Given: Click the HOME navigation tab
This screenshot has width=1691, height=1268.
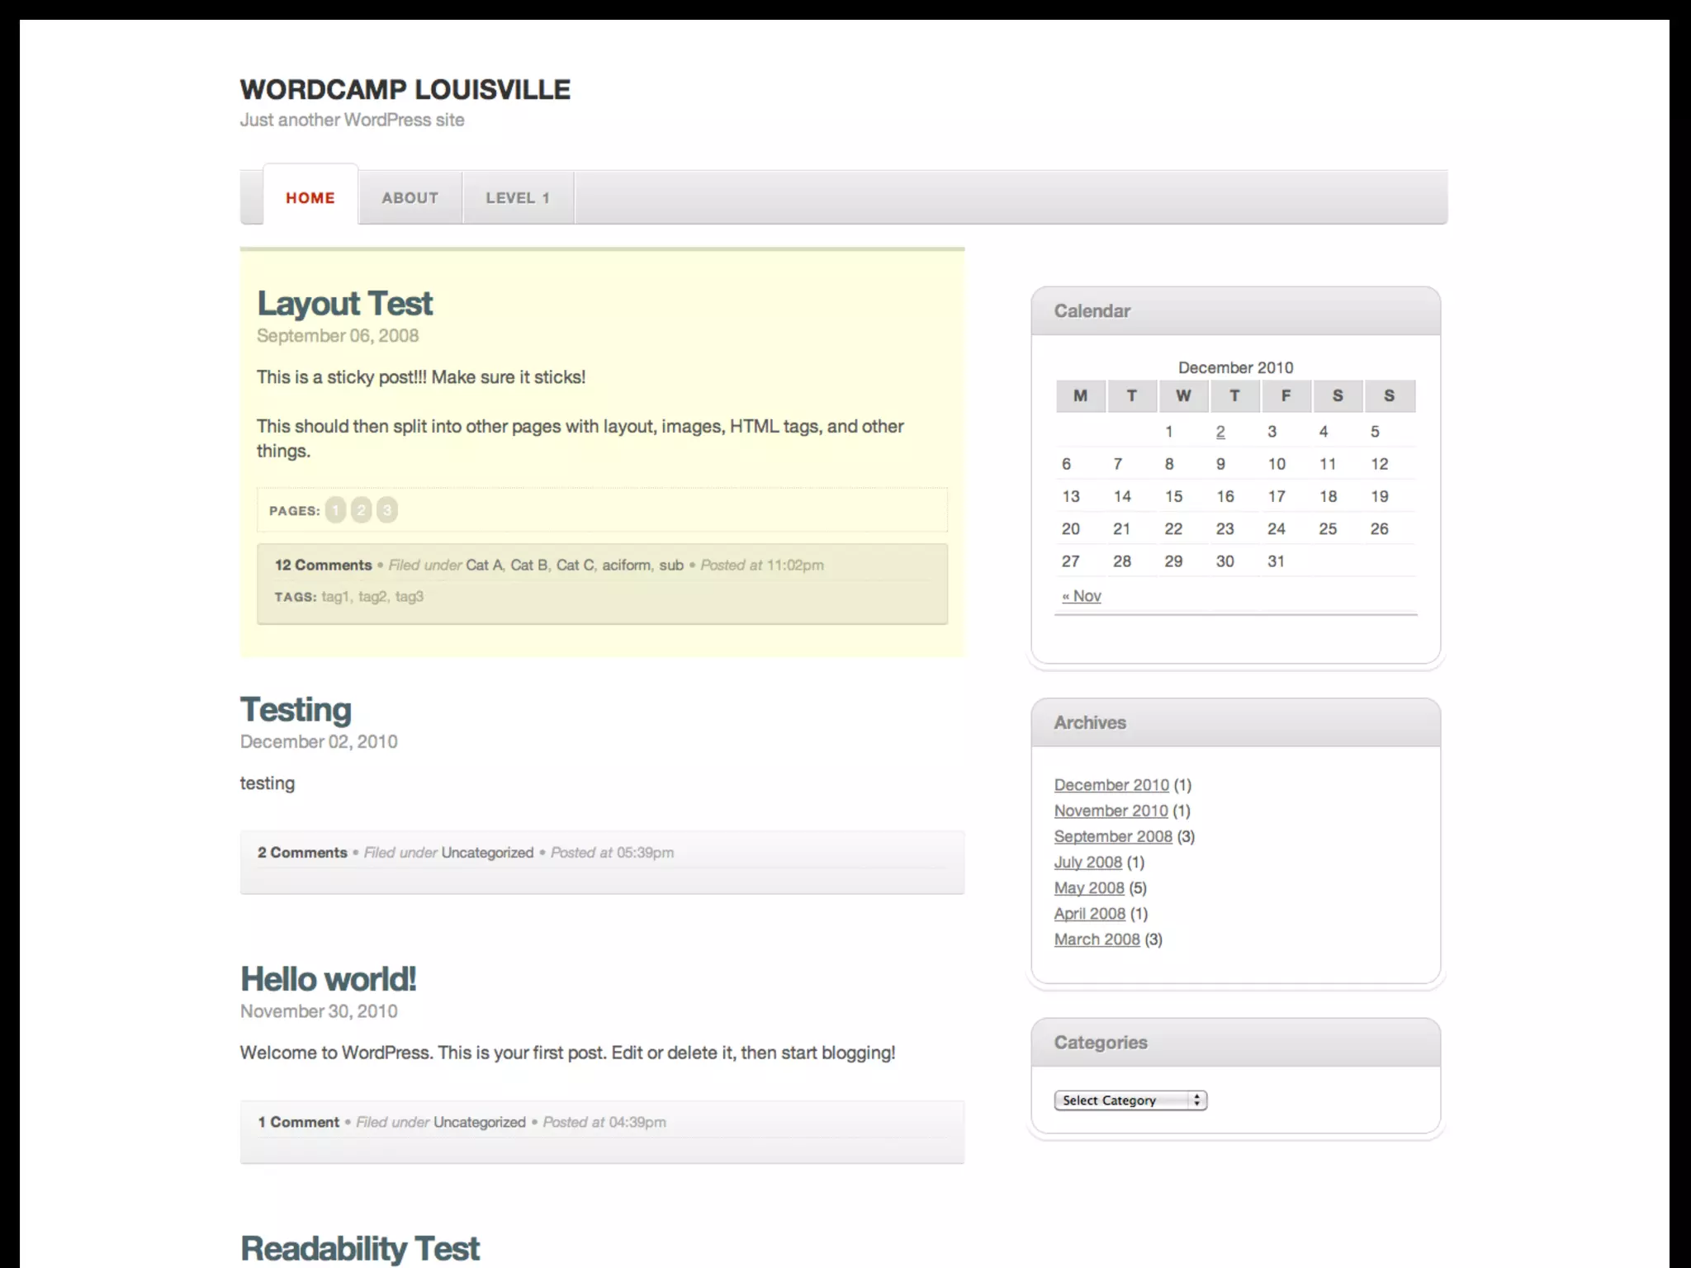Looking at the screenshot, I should click(310, 198).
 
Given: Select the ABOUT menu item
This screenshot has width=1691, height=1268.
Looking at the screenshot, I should click(410, 198).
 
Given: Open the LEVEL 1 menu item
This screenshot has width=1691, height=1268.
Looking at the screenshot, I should click(518, 198).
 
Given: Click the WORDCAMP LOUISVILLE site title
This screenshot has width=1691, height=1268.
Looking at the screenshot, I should click(405, 89).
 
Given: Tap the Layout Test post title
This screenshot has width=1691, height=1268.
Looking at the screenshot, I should click(344, 304).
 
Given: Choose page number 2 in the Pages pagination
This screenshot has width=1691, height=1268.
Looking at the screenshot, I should click(361, 510).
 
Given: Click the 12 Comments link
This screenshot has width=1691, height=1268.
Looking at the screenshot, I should click(323, 565).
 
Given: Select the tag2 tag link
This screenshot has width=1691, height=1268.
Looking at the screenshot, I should click(372, 597).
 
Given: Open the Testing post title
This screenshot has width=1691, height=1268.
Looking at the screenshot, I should click(296, 710).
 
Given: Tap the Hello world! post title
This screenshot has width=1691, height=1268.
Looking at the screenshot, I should click(328, 980).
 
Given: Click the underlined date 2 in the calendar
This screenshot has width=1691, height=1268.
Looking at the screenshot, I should click(1220, 432).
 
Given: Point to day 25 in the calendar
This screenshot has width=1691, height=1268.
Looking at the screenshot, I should click(1328, 529).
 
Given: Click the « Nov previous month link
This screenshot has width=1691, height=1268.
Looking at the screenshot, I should click(1082, 596).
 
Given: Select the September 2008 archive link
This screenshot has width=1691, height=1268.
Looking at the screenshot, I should click(1113, 836).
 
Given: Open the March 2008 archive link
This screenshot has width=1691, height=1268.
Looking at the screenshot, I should click(1097, 939).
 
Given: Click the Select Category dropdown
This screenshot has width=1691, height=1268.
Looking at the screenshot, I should click(1130, 1100).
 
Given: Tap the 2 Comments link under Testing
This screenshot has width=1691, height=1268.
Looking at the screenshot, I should click(302, 853).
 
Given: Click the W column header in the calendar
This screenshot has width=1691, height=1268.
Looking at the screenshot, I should click(1183, 396).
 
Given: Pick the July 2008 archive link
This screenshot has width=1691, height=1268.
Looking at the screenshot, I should click(1087, 863).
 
